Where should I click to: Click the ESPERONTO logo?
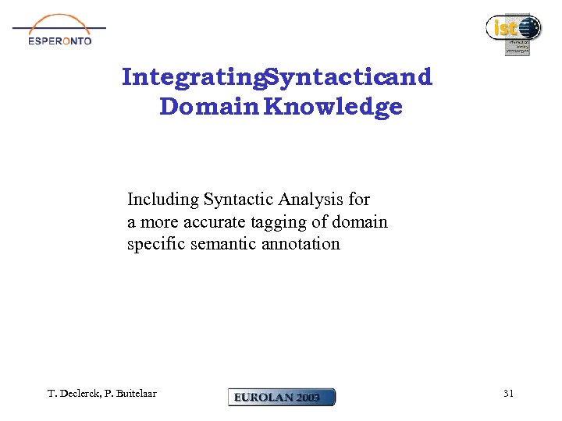coord(59,31)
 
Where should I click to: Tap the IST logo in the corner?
coord(513,34)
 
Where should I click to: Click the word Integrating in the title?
coord(192,77)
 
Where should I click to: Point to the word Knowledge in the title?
coord(333,107)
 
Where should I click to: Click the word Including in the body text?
coord(162,200)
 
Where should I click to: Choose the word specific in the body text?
coord(156,244)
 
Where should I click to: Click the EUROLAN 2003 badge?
coord(281,397)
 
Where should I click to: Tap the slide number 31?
coord(508,394)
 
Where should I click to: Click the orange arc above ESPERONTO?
coord(59,21)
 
